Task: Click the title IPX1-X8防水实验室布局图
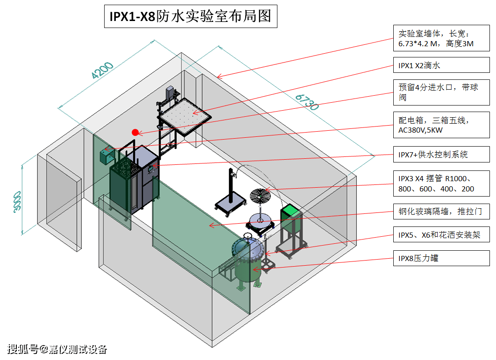pyautogui.click(x=190, y=17)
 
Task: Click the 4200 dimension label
pyautogui.click(x=102, y=70)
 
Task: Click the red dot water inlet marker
pyautogui.click(x=135, y=132)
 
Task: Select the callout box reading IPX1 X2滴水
pyautogui.click(x=441, y=66)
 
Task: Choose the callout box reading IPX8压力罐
pyautogui.click(x=441, y=258)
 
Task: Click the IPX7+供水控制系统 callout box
pyautogui.click(x=441, y=154)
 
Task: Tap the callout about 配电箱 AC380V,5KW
pyautogui.click(x=441, y=125)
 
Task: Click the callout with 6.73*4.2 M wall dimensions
pyautogui.click(x=441, y=39)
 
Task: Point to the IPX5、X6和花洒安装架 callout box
pyautogui.click(x=441, y=235)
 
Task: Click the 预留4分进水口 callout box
pyautogui.click(x=441, y=92)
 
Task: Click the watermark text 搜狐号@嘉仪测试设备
pyautogui.click(x=57, y=349)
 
